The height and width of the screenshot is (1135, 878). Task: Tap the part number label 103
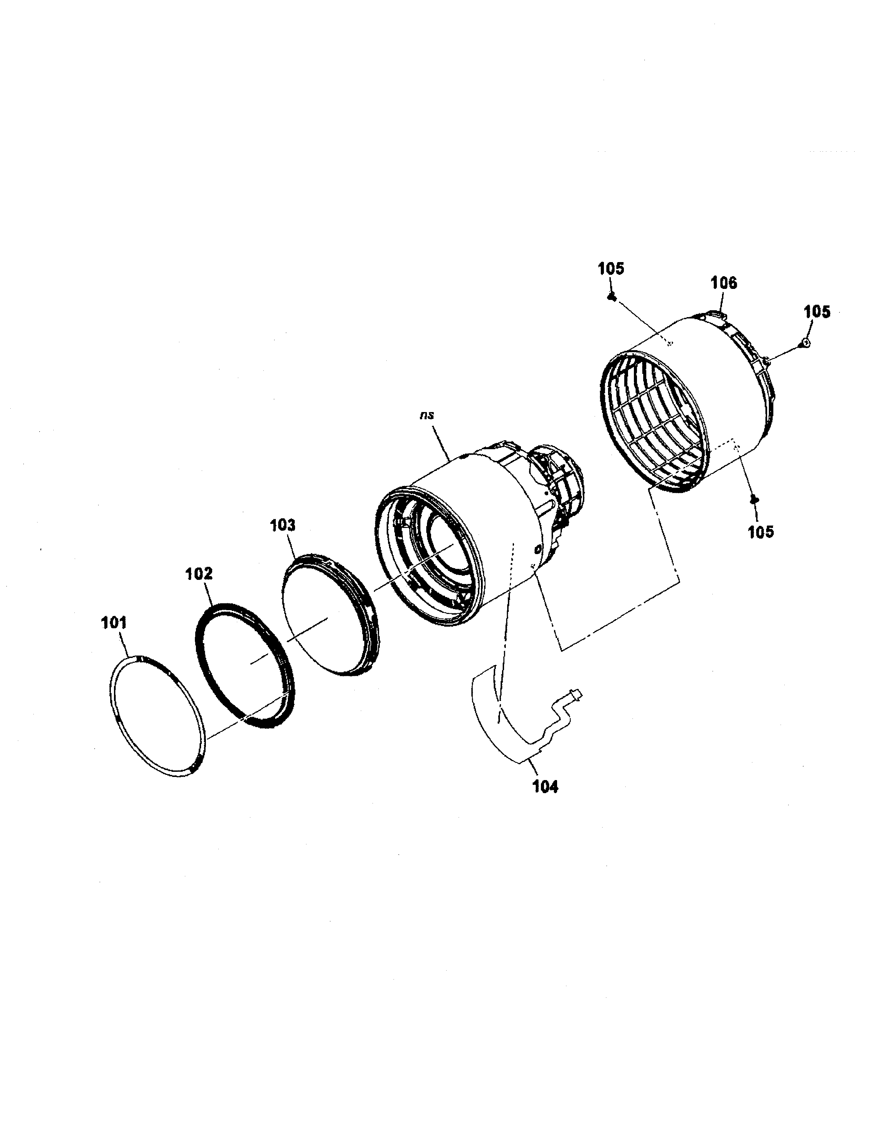click(x=282, y=526)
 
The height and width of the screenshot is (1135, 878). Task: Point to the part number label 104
click(x=545, y=787)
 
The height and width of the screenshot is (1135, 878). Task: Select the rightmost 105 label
click(x=817, y=312)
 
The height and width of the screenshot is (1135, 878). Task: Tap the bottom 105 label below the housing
click(x=761, y=532)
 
